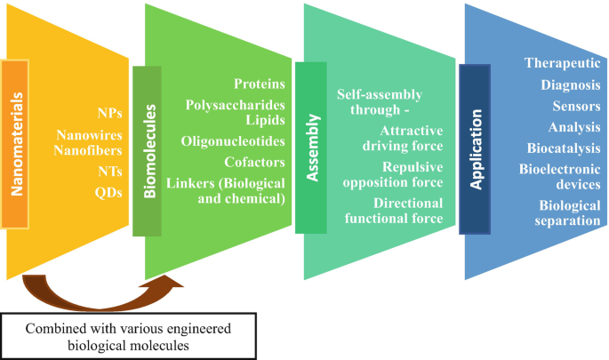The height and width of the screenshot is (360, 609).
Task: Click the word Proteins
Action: click(x=260, y=84)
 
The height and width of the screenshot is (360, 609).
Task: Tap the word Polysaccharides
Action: click(x=235, y=105)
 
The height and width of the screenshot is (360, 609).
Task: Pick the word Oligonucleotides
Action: click(x=233, y=141)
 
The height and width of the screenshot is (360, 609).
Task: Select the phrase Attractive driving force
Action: click(x=406, y=136)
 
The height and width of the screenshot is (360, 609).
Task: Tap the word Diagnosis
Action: click(x=570, y=84)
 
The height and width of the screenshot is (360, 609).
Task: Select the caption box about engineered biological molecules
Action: click(x=129, y=335)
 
